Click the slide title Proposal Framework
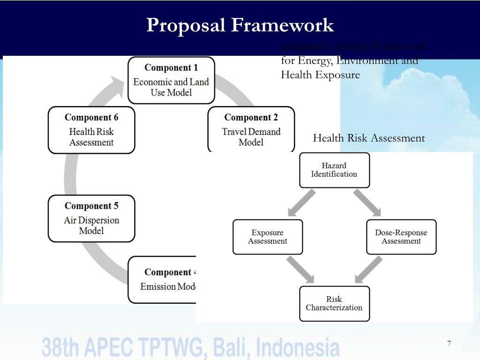[x=240, y=25]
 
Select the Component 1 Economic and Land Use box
[x=171, y=80]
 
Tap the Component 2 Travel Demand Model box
[x=251, y=129]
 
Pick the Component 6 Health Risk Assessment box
[x=91, y=130]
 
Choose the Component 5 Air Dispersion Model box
[x=91, y=218]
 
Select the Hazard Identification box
[x=334, y=170]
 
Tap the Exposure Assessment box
[x=268, y=237]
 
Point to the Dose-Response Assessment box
[x=401, y=237]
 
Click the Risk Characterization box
[x=334, y=303]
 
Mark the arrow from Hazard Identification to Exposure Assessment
[x=301, y=203]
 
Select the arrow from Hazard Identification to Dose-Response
[x=367, y=202]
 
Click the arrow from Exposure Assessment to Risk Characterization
[x=300, y=270]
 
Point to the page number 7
[x=449, y=344]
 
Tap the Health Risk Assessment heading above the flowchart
[x=369, y=138]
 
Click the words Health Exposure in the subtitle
[x=321, y=75]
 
